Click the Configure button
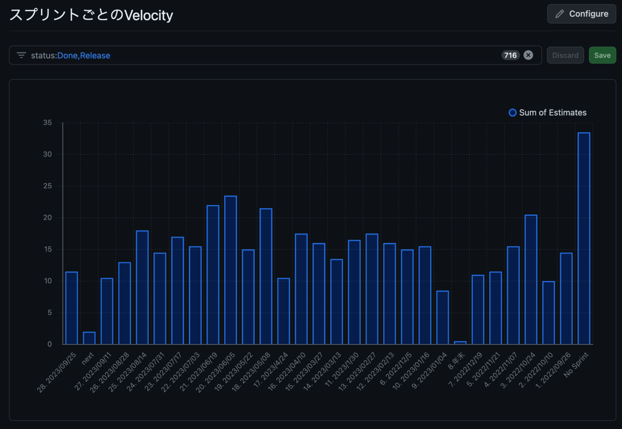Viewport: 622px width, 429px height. (x=581, y=14)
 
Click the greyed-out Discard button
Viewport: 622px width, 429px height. (x=565, y=56)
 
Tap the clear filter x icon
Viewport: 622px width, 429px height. (x=528, y=56)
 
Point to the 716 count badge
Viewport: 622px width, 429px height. (x=511, y=56)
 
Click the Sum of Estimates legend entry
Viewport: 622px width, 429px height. (x=548, y=113)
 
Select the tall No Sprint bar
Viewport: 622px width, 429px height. (x=584, y=239)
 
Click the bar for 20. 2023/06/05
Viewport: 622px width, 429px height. (x=231, y=270)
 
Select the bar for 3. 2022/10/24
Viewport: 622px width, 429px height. (x=531, y=280)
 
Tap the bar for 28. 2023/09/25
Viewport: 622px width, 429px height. (x=72, y=308)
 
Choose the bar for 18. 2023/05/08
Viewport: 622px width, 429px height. (x=266, y=276)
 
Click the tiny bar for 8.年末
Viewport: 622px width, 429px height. (x=460, y=343)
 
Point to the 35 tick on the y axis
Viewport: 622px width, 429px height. (x=48, y=123)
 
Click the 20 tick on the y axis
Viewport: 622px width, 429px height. (x=48, y=218)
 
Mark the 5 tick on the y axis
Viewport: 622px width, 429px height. (x=50, y=313)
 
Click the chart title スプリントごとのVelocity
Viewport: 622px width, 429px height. (x=91, y=16)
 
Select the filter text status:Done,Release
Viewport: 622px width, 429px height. (x=70, y=56)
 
